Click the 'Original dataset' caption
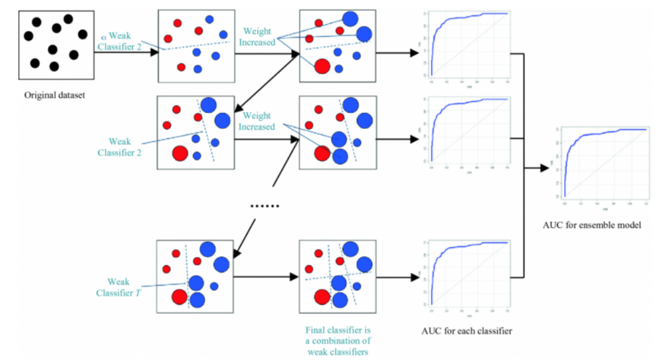pos(55,96)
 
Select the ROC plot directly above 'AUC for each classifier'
pos(467,275)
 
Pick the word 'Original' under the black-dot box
pos(39,96)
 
